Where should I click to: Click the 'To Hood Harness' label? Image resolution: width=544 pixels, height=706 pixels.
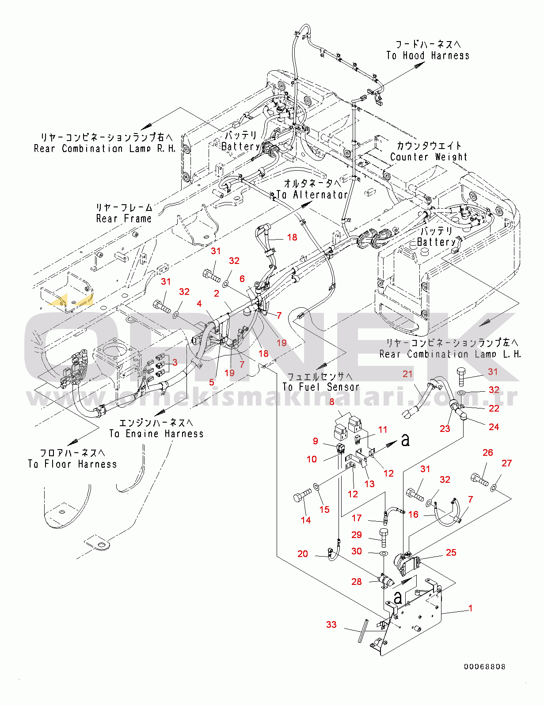pyautogui.click(x=427, y=55)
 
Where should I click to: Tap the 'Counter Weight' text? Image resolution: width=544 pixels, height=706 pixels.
pyautogui.click(x=428, y=157)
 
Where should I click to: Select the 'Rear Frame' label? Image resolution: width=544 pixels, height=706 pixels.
pyautogui.click(x=124, y=218)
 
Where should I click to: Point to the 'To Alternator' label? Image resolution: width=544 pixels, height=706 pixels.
pyautogui.click(x=312, y=195)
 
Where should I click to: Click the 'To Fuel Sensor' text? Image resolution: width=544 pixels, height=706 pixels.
pyautogui.click(x=321, y=387)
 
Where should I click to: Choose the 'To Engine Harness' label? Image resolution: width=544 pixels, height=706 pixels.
pyautogui.click(x=156, y=434)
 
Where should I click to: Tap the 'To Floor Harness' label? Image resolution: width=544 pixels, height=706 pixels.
pyautogui.click(x=72, y=464)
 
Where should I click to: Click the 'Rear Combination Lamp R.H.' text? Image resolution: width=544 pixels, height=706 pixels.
pyautogui.click(x=105, y=149)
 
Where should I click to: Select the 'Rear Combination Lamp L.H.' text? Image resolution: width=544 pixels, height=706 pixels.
pyautogui.click(x=450, y=354)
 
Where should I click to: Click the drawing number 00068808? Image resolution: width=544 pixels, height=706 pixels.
pyautogui.click(x=484, y=667)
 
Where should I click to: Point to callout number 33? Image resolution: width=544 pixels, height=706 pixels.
pyautogui.click(x=331, y=624)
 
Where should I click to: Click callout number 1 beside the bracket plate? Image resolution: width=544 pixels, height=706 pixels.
pyautogui.click(x=470, y=608)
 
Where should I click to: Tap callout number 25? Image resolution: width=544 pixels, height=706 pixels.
pyautogui.click(x=451, y=552)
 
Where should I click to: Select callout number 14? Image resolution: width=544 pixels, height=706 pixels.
pyautogui.click(x=306, y=520)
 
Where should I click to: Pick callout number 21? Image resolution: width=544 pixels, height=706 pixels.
pyautogui.click(x=407, y=374)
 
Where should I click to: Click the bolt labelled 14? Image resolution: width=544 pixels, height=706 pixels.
pyautogui.click(x=302, y=497)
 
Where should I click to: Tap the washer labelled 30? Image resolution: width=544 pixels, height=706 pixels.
pyautogui.click(x=383, y=553)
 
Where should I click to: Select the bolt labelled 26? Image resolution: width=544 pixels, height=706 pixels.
pyautogui.click(x=479, y=479)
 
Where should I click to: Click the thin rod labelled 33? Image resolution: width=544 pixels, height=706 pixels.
pyautogui.click(x=364, y=631)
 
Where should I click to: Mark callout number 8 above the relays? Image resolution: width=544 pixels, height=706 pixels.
pyautogui.click(x=332, y=402)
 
